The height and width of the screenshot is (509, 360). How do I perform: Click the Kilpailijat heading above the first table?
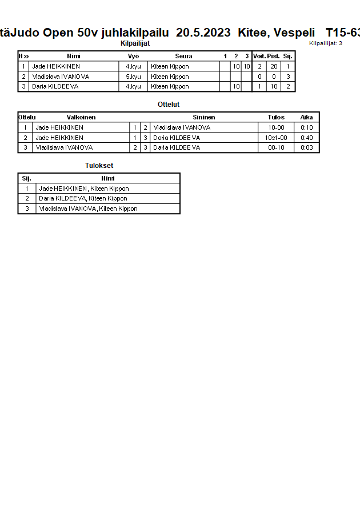pyautogui.click(x=135, y=43)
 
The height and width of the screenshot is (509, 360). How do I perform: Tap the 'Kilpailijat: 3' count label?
pyautogui.click(x=325, y=43)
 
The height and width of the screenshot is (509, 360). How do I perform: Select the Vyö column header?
pyautogui.click(x=133, y=56)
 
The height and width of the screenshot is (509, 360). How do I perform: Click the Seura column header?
pyautogui.click(x=183, y=56)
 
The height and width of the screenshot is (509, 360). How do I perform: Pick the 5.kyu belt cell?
pyautogui.click(x=133, y=77)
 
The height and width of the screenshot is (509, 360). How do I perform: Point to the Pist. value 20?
pyautogui.click(x=274, y=66)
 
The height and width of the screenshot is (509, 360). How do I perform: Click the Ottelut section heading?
pyautogui.click(x=169, y=105)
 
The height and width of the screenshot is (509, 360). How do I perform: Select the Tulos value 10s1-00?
pyautogui.click(x=276, y=138)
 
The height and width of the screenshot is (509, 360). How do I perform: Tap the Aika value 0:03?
pyautogui.click(x=307, y=147)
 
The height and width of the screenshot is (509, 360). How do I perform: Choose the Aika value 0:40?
pyautogui.click(x=307, y=138)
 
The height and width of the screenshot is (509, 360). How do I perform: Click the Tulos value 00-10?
pyautogui.click(x=276, y=147)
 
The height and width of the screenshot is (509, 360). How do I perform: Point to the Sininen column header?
pyautogui.click(x=203, y=117)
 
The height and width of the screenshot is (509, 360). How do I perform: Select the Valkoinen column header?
pyautogui.click(x=81, y=117)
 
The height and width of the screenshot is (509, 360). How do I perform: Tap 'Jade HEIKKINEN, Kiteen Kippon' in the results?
pyautogui.click(x=83, y=189)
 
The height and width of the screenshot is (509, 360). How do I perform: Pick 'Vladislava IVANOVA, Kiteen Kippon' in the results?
pyautogui.click(x=88, y=209)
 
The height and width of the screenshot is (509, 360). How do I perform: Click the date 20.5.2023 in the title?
pyautogui.click(x=203, y=33)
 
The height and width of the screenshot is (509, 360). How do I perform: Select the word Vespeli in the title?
pyautogui.click(x=295, y=33)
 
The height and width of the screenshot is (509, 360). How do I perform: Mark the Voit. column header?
pyautogui.click(x=259, y=56)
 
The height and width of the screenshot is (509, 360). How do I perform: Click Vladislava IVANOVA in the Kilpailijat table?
pyautogui.click(x=61, y=77)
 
